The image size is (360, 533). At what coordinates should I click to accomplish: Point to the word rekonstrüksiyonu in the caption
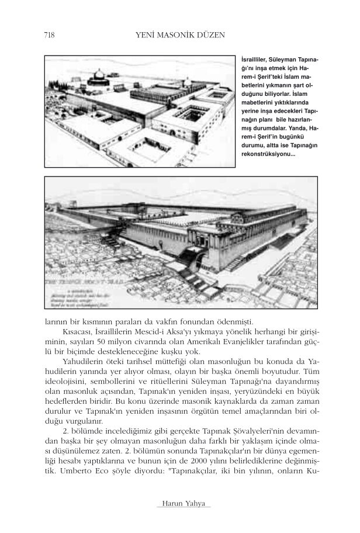click(x=268, y=154)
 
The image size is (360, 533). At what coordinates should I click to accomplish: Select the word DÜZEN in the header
click(x=211, y=36)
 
